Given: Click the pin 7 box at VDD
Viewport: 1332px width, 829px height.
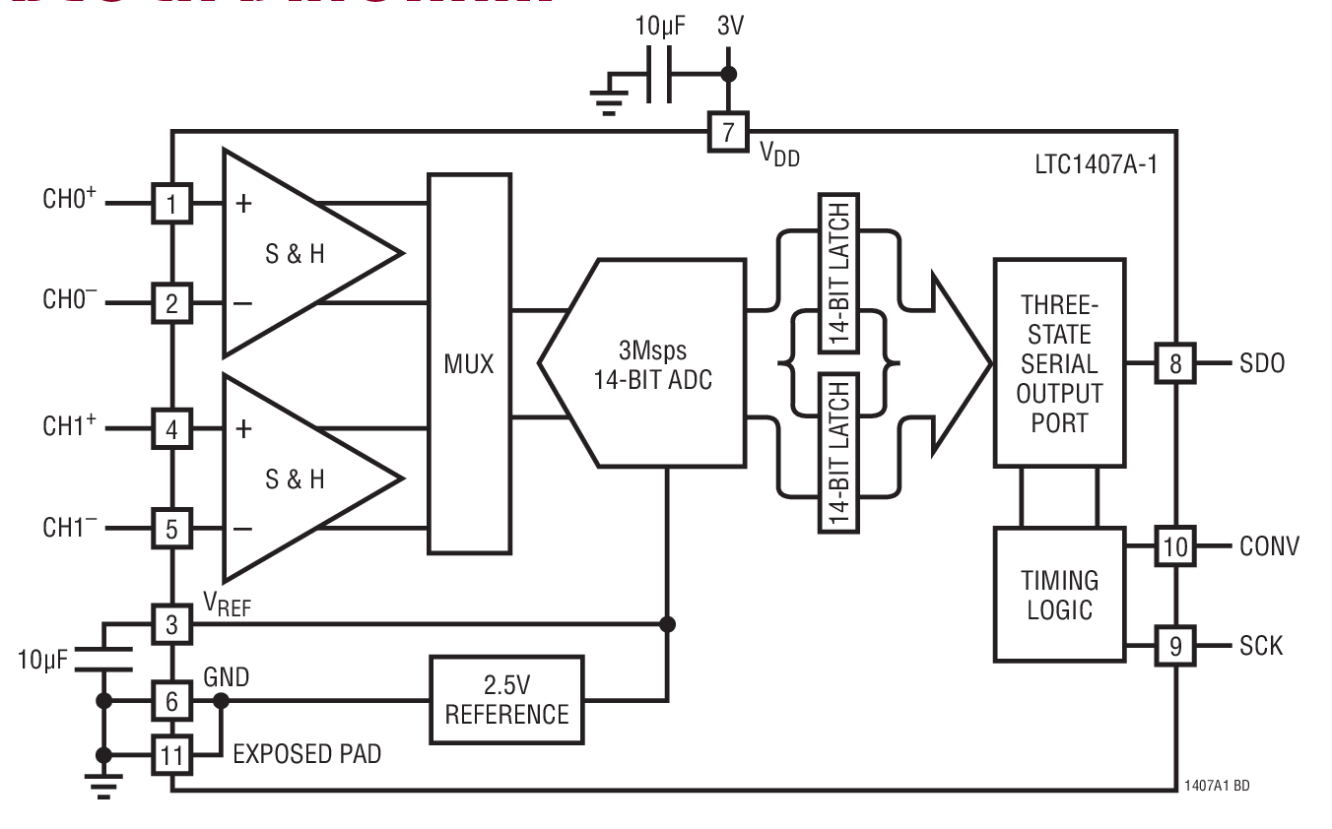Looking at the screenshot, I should coord(728,132).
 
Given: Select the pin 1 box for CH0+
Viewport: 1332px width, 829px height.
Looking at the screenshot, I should coord(171,205).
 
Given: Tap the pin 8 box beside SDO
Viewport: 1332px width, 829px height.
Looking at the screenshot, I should coord(1174,363).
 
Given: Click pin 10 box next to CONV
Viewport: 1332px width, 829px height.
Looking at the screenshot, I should coord(1174,546).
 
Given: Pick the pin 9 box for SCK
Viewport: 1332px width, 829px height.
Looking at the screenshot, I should coord(1174,646).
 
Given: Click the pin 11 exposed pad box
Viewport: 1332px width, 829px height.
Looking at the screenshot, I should coord(171,755).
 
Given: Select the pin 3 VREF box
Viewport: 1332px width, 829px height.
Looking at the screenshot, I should coord(171,624).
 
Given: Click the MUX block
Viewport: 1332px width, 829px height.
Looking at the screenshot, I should coord(468,363).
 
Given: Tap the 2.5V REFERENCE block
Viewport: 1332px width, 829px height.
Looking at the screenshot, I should coord(506,700).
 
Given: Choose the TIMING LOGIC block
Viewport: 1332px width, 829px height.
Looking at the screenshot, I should coord(1059,594).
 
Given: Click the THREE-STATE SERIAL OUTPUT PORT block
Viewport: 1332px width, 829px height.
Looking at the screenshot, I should coord(1059,362).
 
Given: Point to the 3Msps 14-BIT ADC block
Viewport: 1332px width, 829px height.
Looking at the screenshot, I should coord(652,363).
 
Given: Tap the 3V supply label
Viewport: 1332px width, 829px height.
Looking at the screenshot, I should coord(729,27).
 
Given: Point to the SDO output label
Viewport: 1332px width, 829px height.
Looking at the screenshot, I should coord(1262,363).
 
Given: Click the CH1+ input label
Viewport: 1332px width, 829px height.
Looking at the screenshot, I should coord(68,428).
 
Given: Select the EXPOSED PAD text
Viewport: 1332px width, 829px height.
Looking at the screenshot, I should coord(306,755).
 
